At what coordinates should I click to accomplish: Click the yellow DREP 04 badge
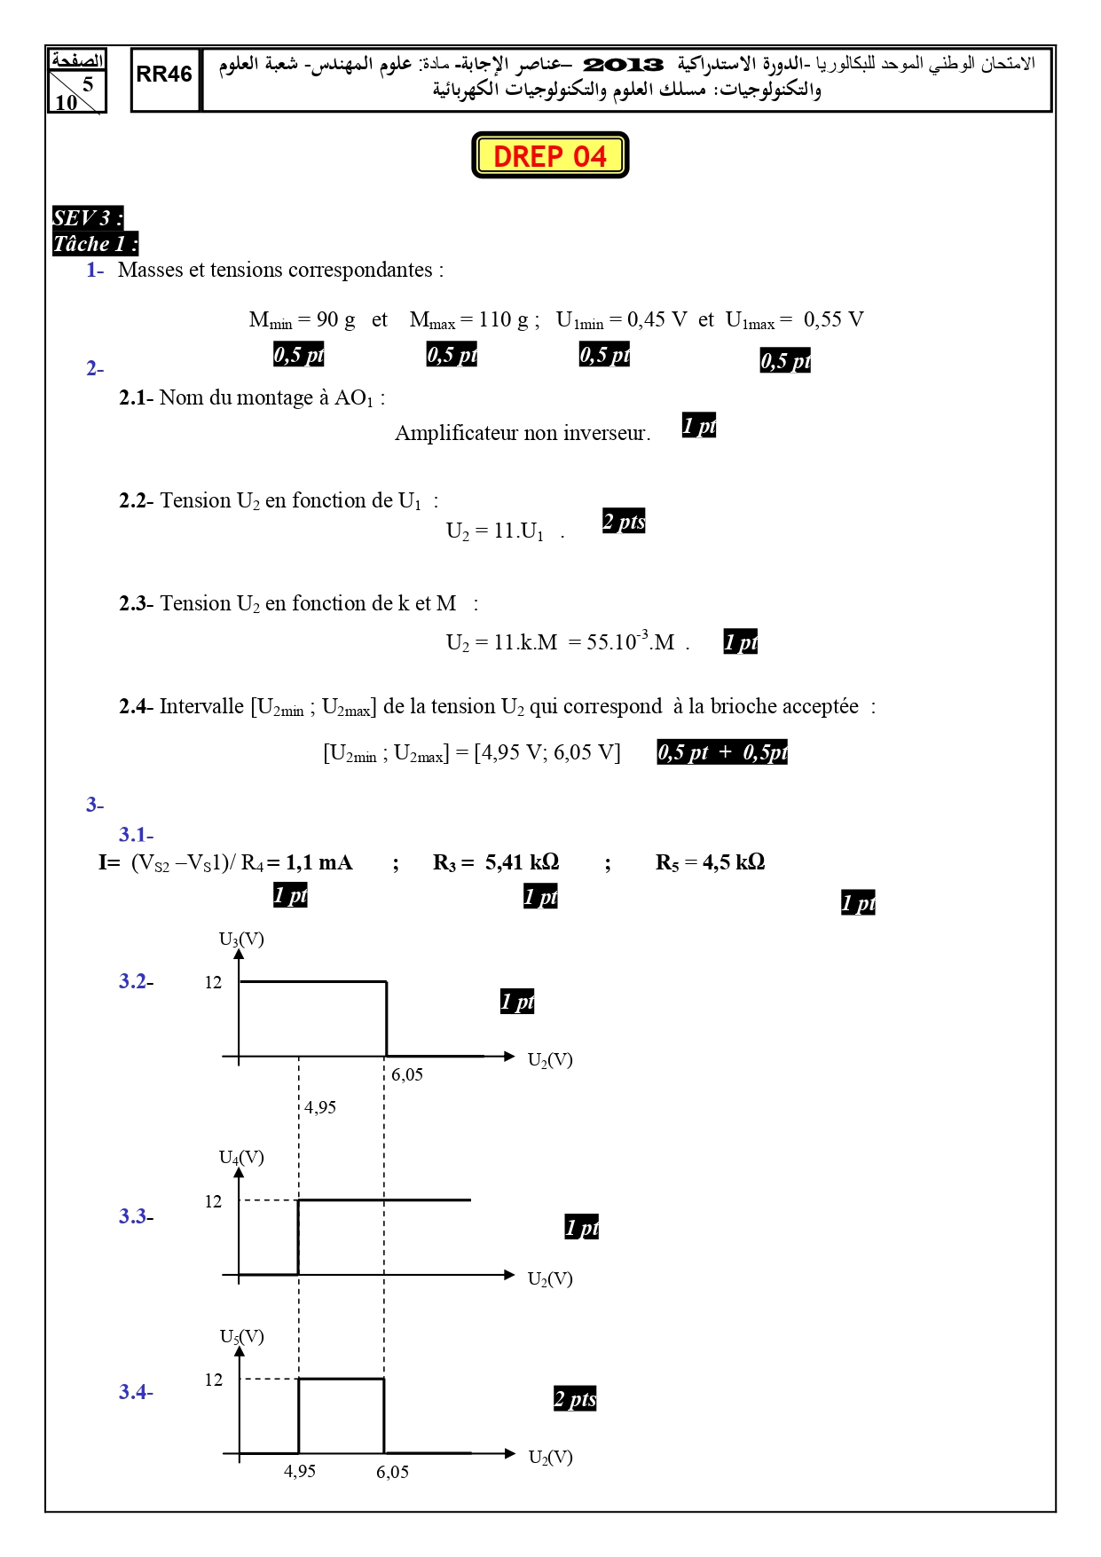[550, 155]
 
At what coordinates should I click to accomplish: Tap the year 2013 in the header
[623, 65]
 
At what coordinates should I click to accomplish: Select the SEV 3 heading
[87, 217]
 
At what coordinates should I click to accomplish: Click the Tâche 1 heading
[95, 244]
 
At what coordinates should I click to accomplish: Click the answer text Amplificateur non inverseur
[523, 433]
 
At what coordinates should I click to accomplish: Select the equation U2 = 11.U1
[495, 531]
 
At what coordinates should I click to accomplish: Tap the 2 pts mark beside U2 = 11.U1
[624, 522]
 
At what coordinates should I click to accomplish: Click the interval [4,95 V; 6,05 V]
[547, 753]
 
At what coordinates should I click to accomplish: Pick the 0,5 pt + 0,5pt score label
[722, 752]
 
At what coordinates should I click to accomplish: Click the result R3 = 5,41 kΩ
[496, 862]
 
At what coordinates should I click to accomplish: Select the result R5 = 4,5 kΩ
[710, 862]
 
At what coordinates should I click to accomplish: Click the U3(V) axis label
[241, 940]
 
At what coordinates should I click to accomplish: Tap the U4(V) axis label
[241, 1158]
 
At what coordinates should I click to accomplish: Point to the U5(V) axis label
[241, 1337]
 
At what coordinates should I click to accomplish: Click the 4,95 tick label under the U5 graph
[300, 1471]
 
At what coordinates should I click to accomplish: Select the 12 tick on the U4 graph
[213, 1201]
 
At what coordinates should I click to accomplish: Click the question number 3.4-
[136, 1392]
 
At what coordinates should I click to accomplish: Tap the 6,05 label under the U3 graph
[407, 1074]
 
